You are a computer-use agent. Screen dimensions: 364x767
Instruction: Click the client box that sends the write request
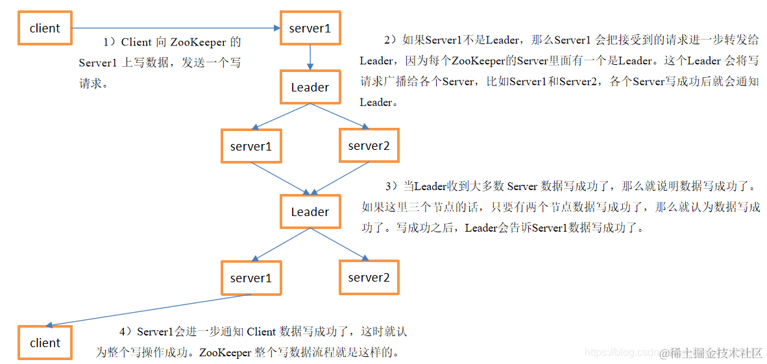click(45, 29)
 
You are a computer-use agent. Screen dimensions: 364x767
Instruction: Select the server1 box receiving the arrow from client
click(310, 29)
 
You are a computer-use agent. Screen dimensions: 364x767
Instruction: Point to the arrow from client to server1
click(175, 29)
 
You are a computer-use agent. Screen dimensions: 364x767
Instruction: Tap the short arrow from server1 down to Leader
click(310, 58)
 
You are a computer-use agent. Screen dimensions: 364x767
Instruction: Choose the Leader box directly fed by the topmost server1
click(310, 88)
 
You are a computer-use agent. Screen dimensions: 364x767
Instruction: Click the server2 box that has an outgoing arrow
click(369, 146)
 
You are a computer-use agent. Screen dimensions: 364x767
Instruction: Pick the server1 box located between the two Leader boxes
click(251, 147)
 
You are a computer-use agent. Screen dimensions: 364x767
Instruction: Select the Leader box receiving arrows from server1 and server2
click(310, 212)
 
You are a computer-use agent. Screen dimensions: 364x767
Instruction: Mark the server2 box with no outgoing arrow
click(369, 278)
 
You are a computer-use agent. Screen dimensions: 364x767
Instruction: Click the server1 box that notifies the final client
click(251, 278)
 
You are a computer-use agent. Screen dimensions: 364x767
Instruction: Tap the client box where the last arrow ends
click(45, 343)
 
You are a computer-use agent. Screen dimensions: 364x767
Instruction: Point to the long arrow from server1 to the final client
click(149, 310)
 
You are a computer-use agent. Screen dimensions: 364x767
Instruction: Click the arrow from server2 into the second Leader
click(341, 178)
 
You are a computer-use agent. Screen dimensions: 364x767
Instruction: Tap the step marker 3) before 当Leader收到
click(391, 187)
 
